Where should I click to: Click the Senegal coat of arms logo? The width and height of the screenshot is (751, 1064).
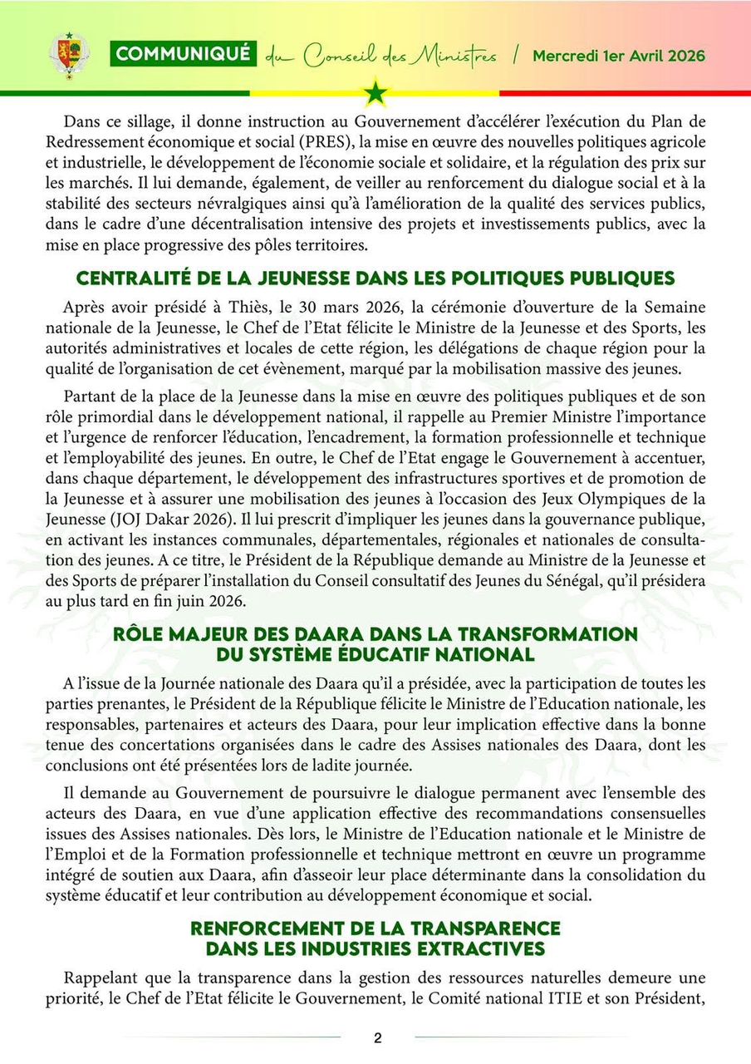[x=69, y=56]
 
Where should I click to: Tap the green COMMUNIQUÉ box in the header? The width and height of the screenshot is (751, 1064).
[x=183, y=54]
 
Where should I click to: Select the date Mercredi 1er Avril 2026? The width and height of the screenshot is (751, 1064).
[x=619, y=57]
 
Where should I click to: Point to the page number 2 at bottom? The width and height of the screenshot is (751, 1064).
[x=377, y=1037]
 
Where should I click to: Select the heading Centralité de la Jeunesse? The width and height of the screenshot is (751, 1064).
[x=375, y=278]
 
